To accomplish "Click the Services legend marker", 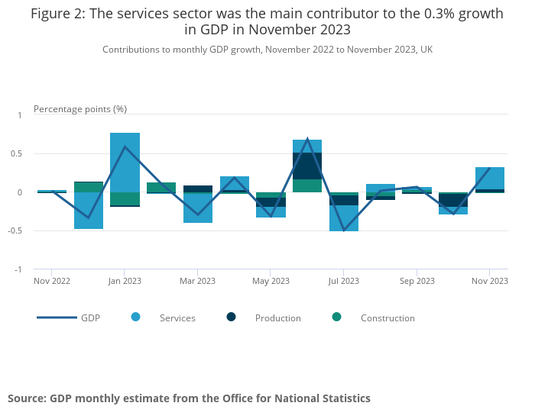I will coord(136,317).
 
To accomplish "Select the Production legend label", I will coord(277,318).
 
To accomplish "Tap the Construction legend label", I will coord(387,318).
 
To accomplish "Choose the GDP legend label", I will coord(90,318).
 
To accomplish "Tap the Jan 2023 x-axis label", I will coord(125,281).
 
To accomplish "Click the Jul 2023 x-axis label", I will coord(344,281).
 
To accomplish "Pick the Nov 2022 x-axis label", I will coord(52,281).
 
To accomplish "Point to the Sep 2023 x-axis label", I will coord(417,281).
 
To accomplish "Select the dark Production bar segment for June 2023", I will coord(307,166).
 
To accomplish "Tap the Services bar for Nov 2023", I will coord(490,178).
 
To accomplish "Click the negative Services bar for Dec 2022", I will coord(89,211).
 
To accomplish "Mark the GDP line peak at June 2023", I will coord(307,139).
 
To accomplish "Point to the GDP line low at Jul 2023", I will coord(344,230).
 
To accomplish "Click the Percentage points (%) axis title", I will coord(80,109).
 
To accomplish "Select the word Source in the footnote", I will coord(26,398).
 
